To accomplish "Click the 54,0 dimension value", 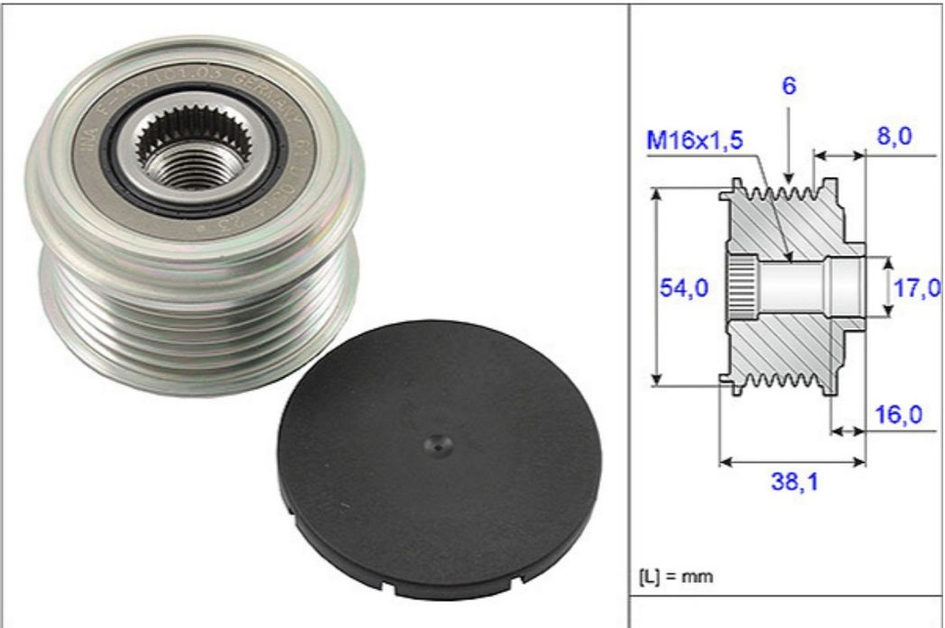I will (683, 289).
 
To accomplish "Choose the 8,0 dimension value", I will (893, 137).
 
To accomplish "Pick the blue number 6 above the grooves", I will (790, 86).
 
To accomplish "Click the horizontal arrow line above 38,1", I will (792, 459).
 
